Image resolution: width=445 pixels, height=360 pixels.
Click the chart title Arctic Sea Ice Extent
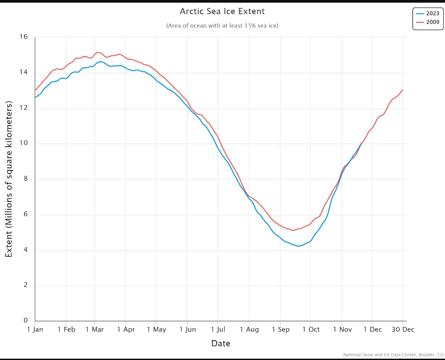pos(222,11)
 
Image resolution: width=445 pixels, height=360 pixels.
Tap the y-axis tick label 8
pos(25,179)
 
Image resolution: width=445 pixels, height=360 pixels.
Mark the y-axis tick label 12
pos(23,108)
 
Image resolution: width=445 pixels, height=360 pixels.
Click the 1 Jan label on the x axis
pos(35,329)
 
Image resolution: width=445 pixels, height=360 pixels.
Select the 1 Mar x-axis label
pos(94,329)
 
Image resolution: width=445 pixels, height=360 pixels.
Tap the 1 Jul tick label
pos(218,329)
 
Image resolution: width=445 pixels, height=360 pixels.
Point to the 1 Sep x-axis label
pos(280,329)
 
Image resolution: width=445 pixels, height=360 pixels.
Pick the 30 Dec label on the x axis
pos(402,329)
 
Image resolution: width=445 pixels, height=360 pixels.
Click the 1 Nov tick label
pos(341,329)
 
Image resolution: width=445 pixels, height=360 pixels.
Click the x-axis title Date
pos(221,344)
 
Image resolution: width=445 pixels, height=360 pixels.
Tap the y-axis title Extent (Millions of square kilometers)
pos(9,179)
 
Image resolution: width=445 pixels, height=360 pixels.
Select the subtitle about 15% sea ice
pos(222,26)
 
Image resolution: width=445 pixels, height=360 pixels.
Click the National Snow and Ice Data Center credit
pos(393,355)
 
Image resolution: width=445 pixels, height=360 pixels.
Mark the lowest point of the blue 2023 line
pos(298,246)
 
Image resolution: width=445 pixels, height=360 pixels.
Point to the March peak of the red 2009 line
pos(98,52)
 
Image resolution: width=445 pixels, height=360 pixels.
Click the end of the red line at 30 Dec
pos(402,90)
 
